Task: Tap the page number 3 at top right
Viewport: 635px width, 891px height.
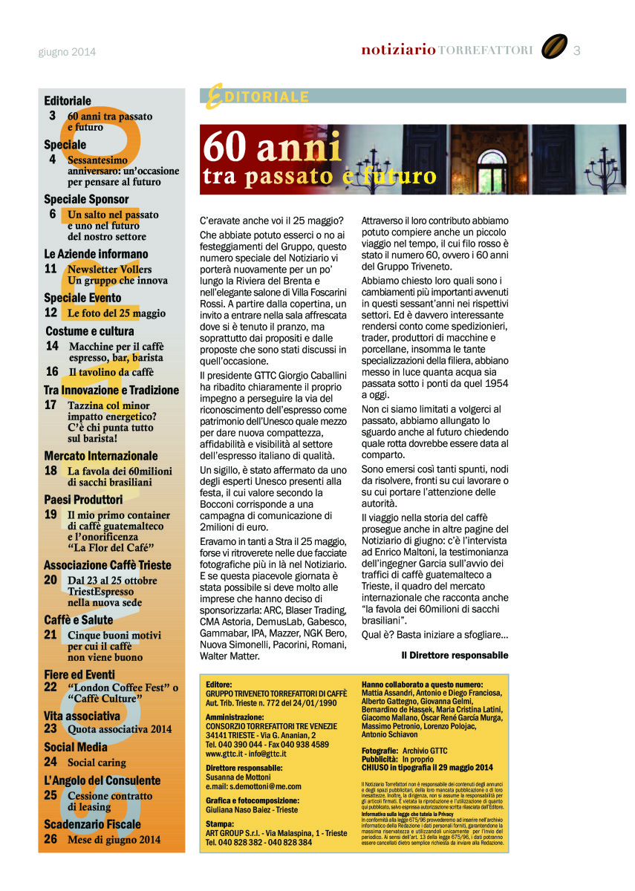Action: [x=577, y=50]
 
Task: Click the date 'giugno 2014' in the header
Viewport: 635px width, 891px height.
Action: [x=67, y=52]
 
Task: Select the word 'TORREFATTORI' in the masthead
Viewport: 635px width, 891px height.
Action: [x=486, y=50]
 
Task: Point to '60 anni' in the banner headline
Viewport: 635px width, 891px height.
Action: [x=271, y=147]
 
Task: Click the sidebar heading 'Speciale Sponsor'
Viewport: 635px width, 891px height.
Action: [x=86, y=199]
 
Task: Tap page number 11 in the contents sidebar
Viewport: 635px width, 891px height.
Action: [x=51, y=269]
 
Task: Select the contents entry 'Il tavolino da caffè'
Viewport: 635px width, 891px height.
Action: [x=111, y=372]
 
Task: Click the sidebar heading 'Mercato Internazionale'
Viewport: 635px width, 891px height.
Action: [x=101, y=456]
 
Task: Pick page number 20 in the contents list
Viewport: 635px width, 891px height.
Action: [x=51, y=580]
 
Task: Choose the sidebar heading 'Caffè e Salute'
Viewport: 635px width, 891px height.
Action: [x=79, y=620]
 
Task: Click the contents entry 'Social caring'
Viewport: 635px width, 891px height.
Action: [x=97, y=762]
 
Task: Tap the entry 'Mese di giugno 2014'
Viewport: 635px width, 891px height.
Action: [x=114, y=840]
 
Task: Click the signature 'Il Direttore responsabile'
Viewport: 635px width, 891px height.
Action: [x=455, y=656]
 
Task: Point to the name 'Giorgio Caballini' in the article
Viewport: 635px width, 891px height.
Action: [x=305, y=376]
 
